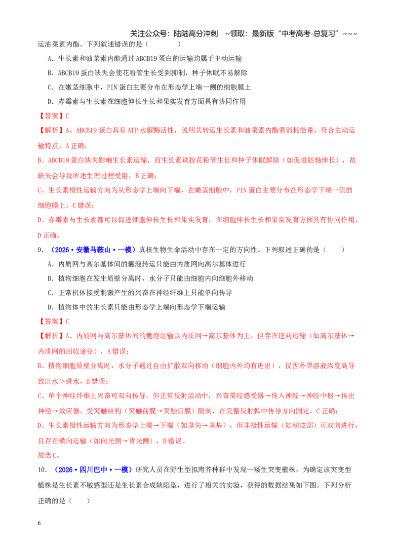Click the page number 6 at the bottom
point(39,523)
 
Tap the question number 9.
point(40,250)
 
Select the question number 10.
point(42,470)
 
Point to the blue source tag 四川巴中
point(93,470)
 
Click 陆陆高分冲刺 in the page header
point(196,34)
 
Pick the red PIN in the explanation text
point(242,191)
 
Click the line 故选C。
point(49,455)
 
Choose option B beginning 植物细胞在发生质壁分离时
point(150,279)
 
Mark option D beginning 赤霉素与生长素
point(147,102)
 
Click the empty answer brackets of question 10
point(79,501)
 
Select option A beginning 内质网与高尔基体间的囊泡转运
point(147,264)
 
